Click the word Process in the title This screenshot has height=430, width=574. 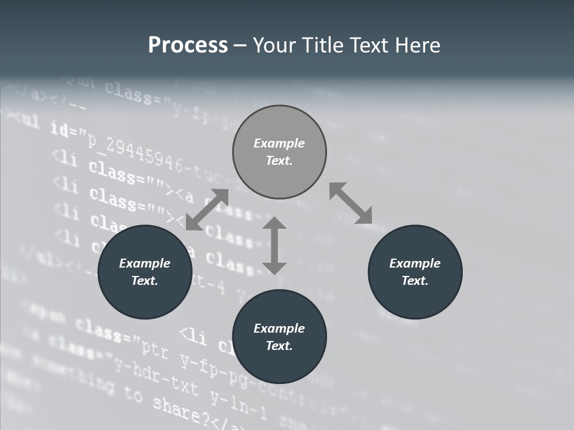point(188,45)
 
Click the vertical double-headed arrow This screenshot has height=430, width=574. point(274,245)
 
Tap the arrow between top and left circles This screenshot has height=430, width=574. point(207,210)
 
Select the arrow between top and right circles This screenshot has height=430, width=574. point(351,203)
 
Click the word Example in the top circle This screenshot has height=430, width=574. point(279,143)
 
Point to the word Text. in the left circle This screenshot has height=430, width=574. point(145,281)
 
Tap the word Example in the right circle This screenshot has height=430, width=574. point(415,263)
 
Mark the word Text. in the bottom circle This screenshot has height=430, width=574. point(279,346)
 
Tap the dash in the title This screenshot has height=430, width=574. point(240,45)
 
